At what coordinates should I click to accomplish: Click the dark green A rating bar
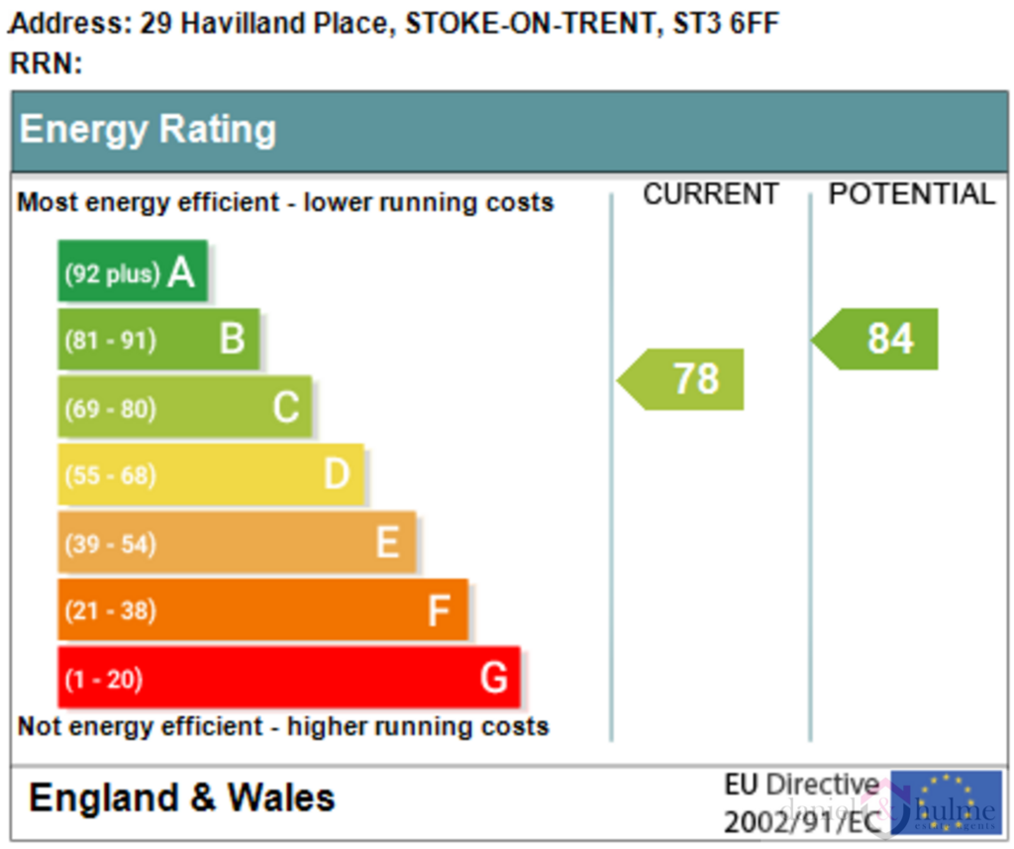click(x=133, y=270)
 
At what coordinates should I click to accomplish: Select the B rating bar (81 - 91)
click(x=158, y=339)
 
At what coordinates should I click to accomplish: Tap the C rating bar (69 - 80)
click(x=184, y=407)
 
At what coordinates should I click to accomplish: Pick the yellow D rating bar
click(x=211, y=475)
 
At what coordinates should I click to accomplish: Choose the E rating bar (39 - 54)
click(x=237, y=542)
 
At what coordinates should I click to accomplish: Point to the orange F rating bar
click(x=262, y=610)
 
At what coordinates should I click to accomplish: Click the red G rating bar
click(x=288, y=678)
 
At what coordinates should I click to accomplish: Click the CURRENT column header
click(x=711, y=194)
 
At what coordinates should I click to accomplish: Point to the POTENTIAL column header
click(x=911, y=194)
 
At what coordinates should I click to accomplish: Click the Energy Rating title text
click(x=148, y=130)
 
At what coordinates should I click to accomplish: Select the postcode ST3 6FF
click(x=726, y=24)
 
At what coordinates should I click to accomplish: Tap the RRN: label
click(x=46, y=63)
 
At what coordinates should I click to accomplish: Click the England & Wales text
click(x=182, y=797)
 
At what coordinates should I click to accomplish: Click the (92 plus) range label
click(x=111, y=272)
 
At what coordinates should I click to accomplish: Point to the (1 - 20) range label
click(x=103, y=680)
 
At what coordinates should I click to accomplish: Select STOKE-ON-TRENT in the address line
click(x=531, y=24)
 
